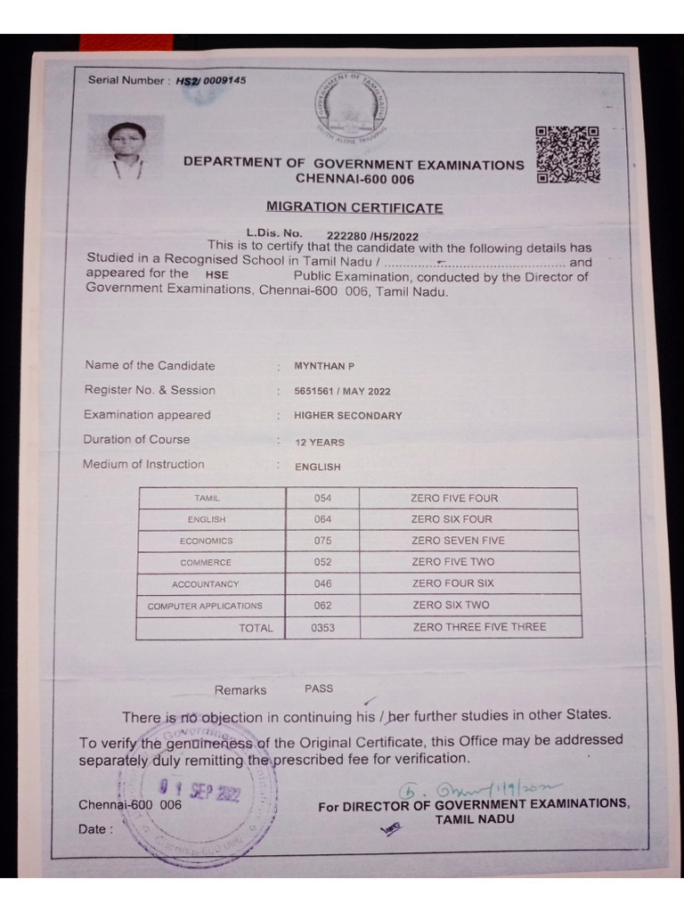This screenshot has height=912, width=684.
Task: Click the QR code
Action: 567,154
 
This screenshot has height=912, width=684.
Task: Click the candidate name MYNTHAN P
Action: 324,366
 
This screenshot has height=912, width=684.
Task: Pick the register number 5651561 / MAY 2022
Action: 342,391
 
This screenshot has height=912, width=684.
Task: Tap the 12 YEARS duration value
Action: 319,442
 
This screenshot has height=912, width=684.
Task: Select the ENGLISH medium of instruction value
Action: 318,466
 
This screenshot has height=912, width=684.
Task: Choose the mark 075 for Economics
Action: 322,541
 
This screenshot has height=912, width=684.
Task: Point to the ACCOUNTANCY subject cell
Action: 206,584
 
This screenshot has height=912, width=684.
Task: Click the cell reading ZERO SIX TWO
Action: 452,606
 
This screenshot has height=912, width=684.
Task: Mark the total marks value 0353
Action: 322,628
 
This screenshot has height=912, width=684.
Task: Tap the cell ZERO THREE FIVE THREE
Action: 479,627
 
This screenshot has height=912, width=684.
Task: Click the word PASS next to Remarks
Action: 319,688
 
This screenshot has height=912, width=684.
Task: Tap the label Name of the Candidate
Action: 150,365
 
